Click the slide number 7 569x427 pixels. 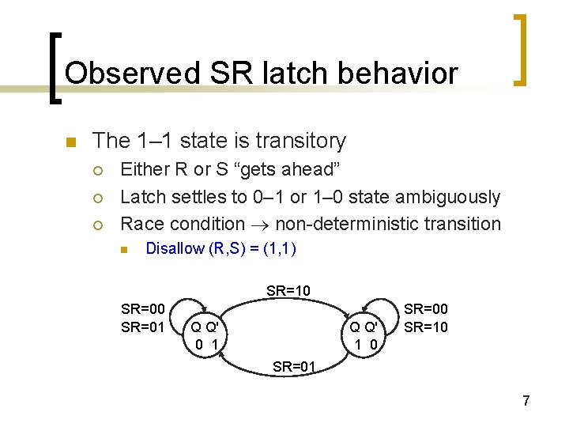coord(526,401)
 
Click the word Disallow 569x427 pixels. coord(175,249)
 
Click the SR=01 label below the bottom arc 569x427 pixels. coord(294,366)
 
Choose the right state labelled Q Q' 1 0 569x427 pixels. coord(369,334)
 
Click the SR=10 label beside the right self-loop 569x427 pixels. coord(426,327)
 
